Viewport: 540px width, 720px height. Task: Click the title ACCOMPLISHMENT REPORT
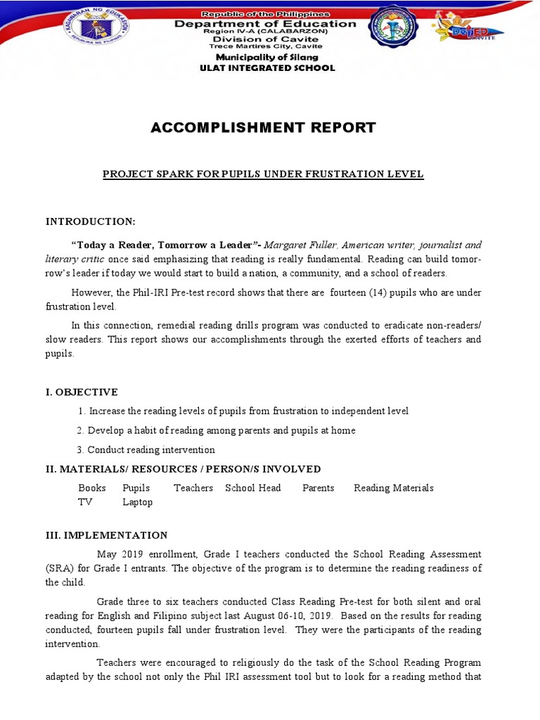[264, 127]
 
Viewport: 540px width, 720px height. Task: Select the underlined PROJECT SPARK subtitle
[263, 174]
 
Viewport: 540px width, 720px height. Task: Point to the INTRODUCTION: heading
[91, 221]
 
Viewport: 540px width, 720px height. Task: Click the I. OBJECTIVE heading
[82, 392]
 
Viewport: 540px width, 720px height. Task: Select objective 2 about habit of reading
[217, 430]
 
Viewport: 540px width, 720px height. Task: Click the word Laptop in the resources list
[137, 502]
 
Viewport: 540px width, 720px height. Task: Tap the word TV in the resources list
[85, 502]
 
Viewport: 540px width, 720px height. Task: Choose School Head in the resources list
[252, 487]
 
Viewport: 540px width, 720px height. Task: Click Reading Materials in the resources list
[394, 487]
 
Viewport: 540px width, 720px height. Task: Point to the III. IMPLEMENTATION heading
[107, 535]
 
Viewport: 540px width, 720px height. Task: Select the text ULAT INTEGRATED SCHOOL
[268, 68]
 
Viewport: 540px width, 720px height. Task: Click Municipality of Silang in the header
[267, 57]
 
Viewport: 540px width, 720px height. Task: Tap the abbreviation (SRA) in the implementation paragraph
[60, 568]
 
